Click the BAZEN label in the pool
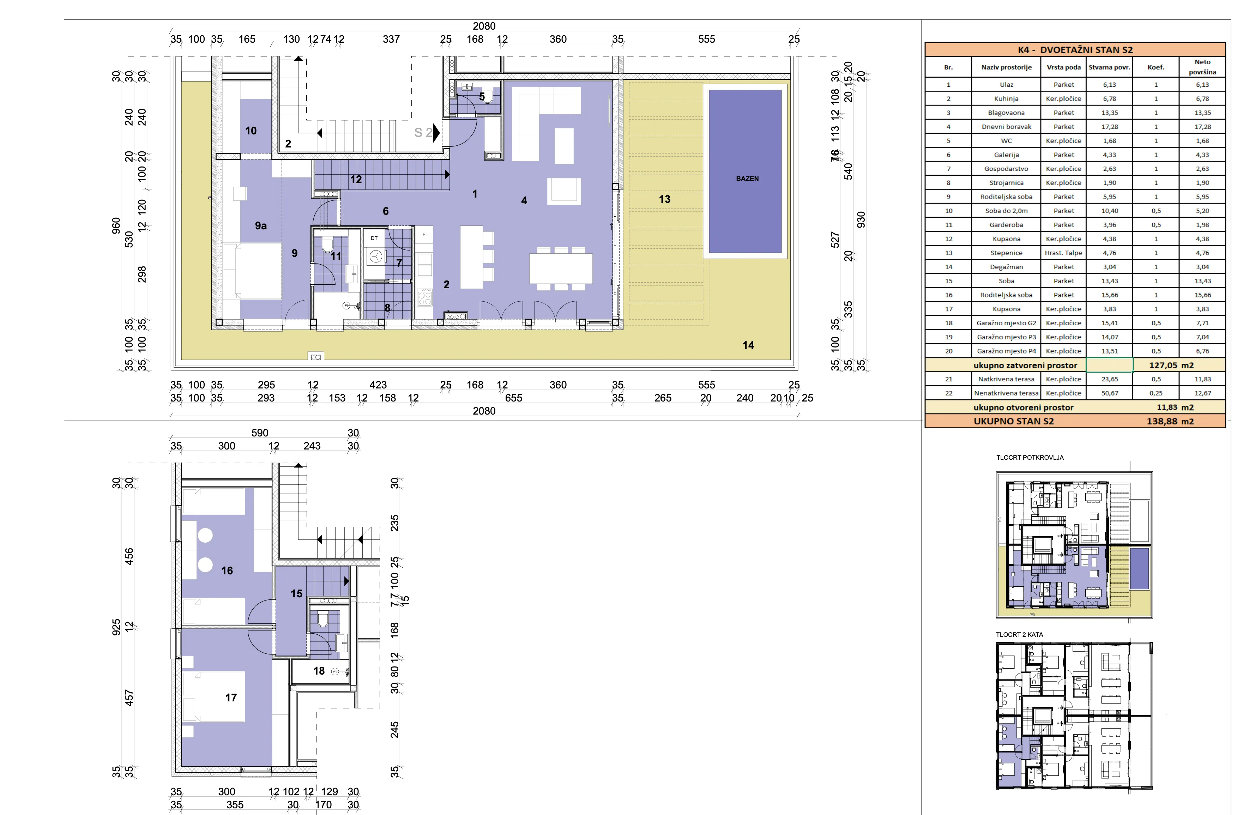pos(747,179)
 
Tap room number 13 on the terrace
pos(664,199)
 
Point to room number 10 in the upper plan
pos(251,131)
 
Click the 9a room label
pos(261,226)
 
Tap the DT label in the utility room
pos(374,238)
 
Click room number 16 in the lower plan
pos(227,570)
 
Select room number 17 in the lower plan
pos(231,698)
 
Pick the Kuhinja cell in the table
pos(1006,99)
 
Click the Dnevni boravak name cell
pos(1006,126)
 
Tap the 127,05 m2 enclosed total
pos(1171,365)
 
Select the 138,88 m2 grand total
pos(1170,421)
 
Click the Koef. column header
pos(1156,67)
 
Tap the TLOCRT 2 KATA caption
pos(1019,634)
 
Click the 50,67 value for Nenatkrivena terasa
pos(1109,393)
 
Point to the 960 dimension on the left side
pos(116,226)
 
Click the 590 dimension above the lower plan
pos(260,433)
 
